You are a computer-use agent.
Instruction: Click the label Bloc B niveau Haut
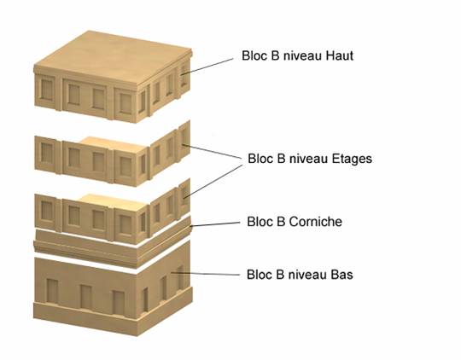tap(297, 55)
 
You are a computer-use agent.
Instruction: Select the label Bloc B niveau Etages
tap(310, 159)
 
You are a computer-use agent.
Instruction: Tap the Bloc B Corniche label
tap(295, 222)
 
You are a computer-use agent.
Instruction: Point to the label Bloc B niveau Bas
tap(300, 275)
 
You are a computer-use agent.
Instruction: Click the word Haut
tap(339, 55)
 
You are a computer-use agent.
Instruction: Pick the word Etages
tap(352, 159)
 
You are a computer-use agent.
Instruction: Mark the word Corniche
tap(316, 222)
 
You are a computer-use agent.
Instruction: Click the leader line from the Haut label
tap(207, 67)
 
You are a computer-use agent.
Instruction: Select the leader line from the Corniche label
tap(215, 224)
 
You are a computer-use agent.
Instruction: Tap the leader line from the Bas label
tap(206, 274)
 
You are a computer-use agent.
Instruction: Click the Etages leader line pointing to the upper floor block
tap(212, 152)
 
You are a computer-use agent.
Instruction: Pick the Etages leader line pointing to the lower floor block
tap(213, 181)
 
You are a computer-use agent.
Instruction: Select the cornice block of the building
tap(113, 242)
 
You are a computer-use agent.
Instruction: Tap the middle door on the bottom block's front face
tap(86, 297)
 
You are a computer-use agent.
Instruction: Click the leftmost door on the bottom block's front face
tap(52, 292)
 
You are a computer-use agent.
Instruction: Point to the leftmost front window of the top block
tap(47, 90)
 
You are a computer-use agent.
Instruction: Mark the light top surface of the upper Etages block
tap(114, 144)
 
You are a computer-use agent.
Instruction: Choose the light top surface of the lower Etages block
tap(114, 202)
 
